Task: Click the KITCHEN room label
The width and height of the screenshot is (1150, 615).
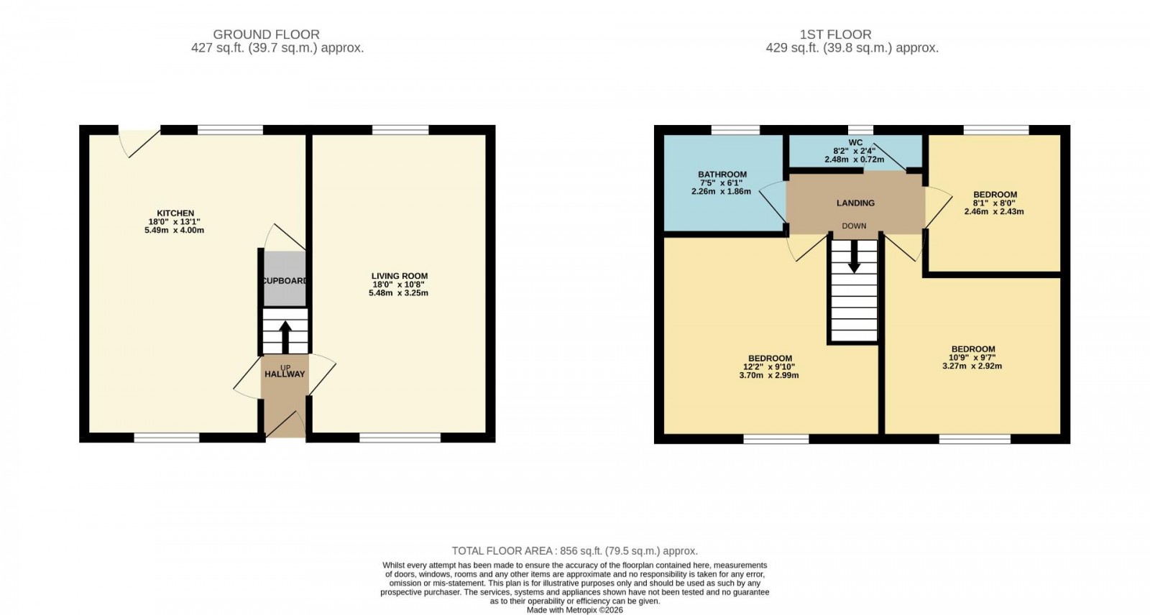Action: [x=175, y=213]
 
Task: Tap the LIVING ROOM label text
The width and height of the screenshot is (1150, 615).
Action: [x=399, y=276]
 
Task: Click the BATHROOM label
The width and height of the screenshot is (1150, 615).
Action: [x=722, y=175]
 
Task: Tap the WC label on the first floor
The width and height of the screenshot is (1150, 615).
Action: [x=855, y=143]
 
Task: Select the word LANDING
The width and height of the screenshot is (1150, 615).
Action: [x=855, y=203]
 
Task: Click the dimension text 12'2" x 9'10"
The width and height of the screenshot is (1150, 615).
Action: [x=770, y=367]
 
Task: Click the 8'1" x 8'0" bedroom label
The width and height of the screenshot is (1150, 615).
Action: [x=995, y=203]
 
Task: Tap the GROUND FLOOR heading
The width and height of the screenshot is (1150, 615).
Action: [x=266, y=34]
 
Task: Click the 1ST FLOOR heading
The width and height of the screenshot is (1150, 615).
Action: [x=835, y=34]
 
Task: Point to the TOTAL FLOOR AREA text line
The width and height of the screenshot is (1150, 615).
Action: [x=574, y=551]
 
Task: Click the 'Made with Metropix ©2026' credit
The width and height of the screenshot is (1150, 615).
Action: [x=574, y=610]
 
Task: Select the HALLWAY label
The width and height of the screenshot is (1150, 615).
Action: [x=285, y=374]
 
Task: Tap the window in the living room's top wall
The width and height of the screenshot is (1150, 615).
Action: [x=400, y=130]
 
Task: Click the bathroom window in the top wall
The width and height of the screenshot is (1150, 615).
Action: [x=735, y=130]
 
